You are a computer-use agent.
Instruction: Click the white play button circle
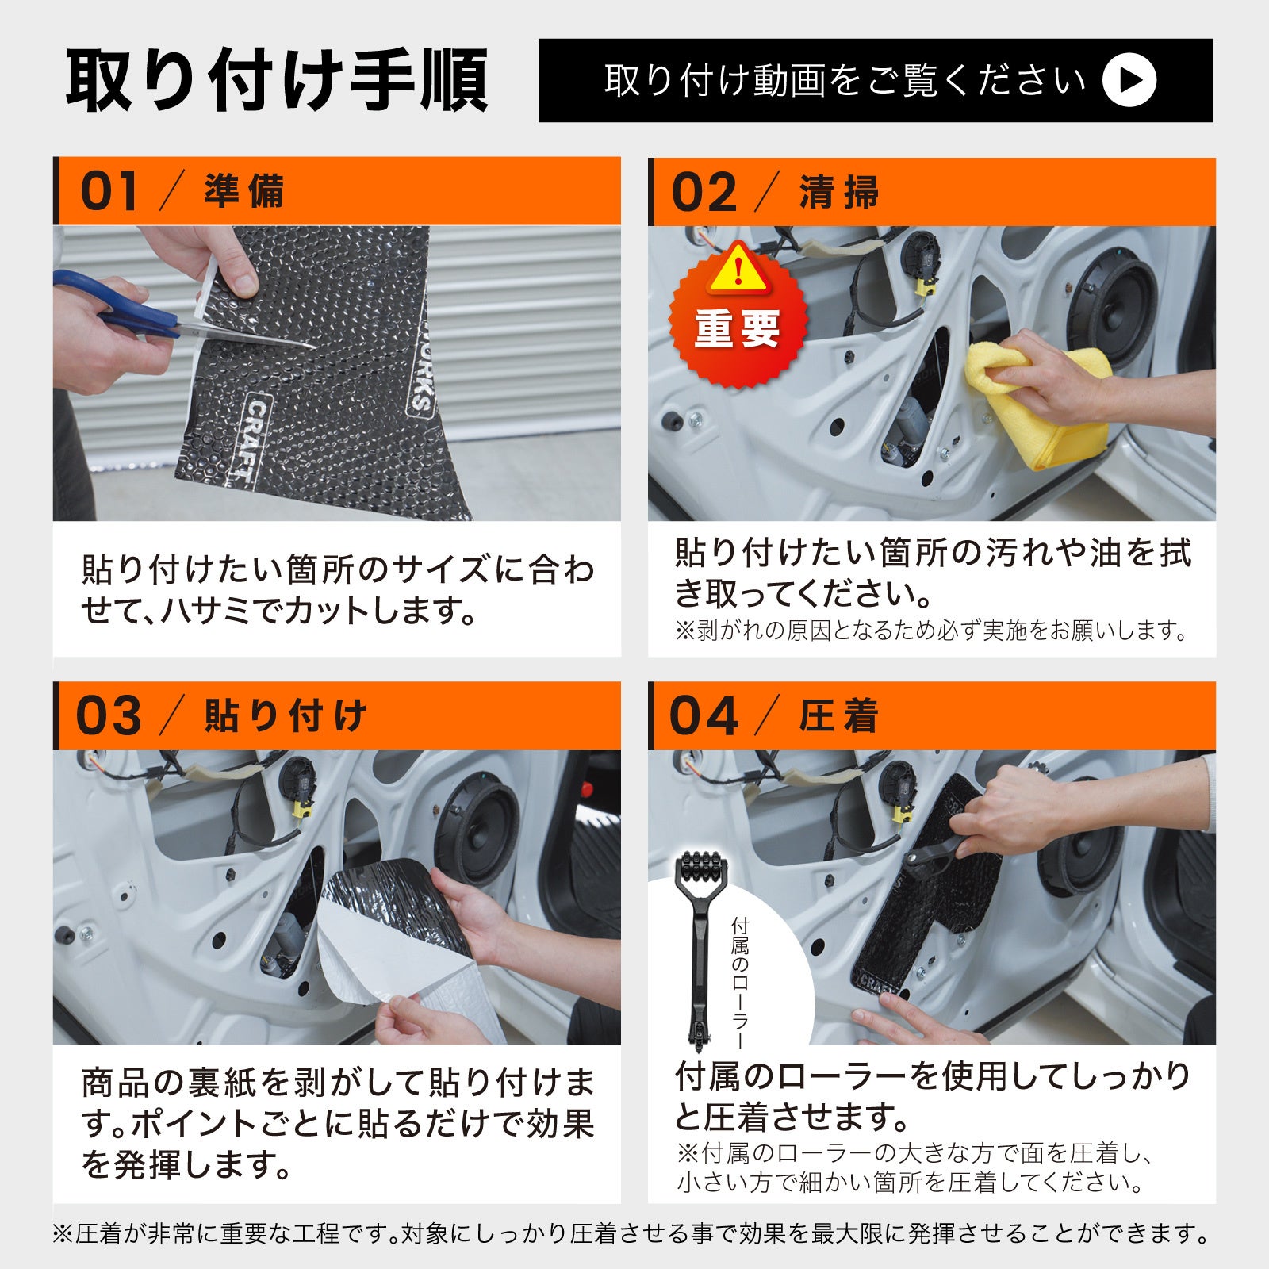[x=1129, y=80]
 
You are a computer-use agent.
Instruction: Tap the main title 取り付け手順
[x=277, y=81]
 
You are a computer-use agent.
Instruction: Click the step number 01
[x=109, y=192]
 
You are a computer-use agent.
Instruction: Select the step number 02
[x=704, y=193]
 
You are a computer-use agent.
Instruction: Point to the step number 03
[x=109, y=716]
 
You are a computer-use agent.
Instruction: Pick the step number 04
[x=704, y=716]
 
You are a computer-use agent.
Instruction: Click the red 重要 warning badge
[x=738, y=315]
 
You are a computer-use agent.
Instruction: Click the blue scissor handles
[x=111, y=302]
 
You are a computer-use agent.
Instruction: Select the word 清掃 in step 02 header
[x=839, y=193]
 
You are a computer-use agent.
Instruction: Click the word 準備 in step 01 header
[x=244, y=192]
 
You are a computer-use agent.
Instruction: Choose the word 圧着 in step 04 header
[x=839, y=716]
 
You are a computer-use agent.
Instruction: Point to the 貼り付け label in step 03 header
[x=286, y=716]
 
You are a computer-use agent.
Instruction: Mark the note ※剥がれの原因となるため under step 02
[x=932, y=631]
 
